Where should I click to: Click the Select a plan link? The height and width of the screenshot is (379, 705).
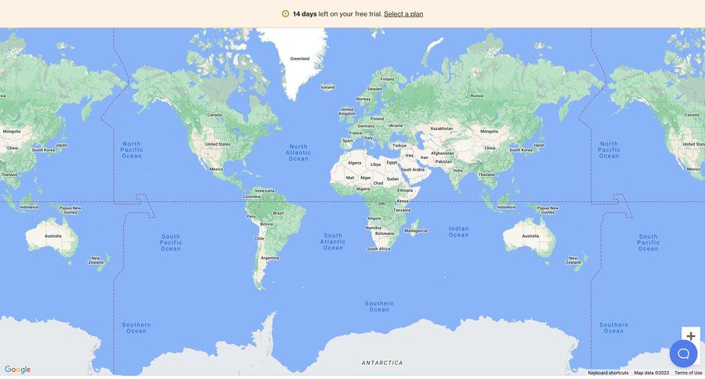tap(403, 14)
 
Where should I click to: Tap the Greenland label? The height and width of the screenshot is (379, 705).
tap(300, 59)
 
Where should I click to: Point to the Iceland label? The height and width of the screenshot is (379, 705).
tap(327, 87)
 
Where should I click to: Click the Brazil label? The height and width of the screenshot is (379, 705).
tap(278, 213)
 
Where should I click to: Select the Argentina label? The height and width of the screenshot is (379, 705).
tap(269, 258)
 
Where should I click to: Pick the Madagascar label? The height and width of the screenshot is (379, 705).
tap(416, 230)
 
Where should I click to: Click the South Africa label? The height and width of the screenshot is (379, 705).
tap(378, 249)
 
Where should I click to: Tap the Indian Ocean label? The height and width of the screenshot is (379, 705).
tap(459, 232)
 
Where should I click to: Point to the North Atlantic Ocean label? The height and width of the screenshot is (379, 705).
tap(298, 152)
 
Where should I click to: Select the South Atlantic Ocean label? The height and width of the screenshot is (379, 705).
tap(333, 242)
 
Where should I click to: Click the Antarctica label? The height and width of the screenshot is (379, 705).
tap(382, 363)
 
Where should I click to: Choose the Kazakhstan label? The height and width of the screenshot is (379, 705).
tap(442, 128)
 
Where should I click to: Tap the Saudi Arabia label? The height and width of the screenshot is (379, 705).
tap(413, 169)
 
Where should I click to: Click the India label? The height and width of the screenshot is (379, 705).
tap(457, 171)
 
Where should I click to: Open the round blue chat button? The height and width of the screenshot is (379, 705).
tap(683, 353)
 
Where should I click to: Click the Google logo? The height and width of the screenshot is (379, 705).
tap(17, 370)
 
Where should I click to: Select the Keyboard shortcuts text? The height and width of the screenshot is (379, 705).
tap(608, 373)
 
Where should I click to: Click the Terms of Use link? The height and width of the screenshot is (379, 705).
tap(689, 373)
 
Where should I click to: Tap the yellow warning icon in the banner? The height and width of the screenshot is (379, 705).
tap(285, 14)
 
